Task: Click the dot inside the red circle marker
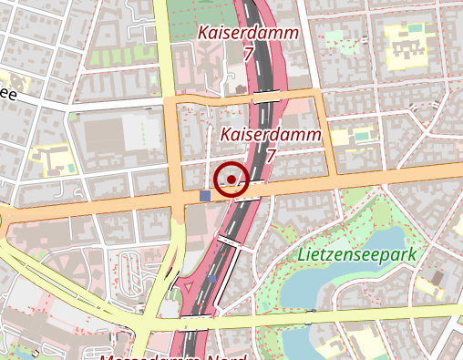click(232, 179)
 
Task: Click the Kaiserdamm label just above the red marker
click(271, 135)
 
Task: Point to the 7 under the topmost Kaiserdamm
click(248, 54)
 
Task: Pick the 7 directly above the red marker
click(270, 156)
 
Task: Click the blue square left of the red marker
click(204, 195)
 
